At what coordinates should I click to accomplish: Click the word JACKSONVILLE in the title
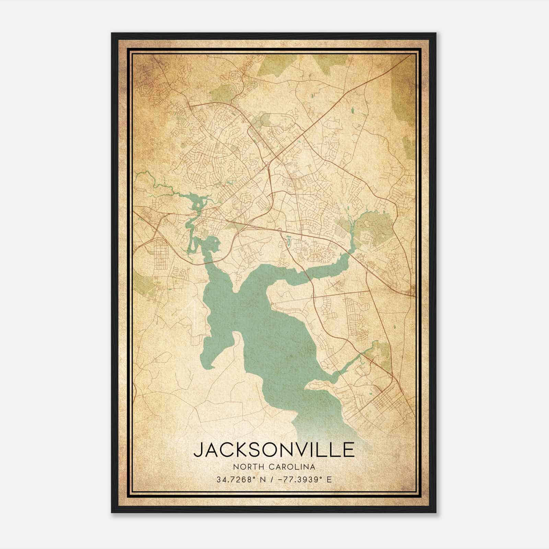(274, 450)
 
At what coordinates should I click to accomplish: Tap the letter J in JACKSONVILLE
(198, 450)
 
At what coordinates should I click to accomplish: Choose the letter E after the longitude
(329, 479)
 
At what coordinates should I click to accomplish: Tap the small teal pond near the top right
(352, 110)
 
